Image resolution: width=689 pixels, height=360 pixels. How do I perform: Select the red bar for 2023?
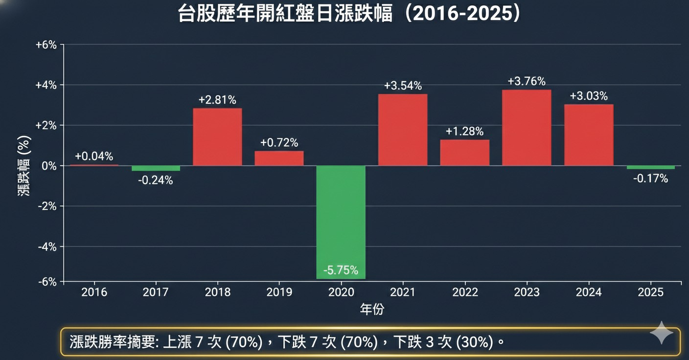(x=527, y=128)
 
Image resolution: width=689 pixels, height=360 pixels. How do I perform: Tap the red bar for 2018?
(x=217, y=137)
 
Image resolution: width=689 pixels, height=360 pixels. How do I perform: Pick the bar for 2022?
(x=464, y=153)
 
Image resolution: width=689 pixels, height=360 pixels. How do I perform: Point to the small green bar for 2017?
(x=156, y=168)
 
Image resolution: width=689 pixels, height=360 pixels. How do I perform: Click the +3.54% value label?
(x=403, y=86)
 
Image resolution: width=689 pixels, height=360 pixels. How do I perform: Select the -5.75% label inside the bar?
(x=341, y=270)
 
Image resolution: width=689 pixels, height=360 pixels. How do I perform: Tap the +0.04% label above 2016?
(x=94, y=157)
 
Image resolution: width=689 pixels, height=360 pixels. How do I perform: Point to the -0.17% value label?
(x=650, y=179)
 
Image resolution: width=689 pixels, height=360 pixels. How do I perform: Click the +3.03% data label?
(x=589, y=95)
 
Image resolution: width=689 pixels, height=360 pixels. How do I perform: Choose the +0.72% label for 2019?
(x=279, y=143)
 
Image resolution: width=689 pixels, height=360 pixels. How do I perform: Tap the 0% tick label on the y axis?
(x=50, y=166)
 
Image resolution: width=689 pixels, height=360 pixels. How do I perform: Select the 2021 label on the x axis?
(x=403, y=292)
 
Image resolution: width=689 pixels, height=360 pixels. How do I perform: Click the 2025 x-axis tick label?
(x=650, y=292)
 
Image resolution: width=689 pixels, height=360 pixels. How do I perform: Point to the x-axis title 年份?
(x=372, y=309)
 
